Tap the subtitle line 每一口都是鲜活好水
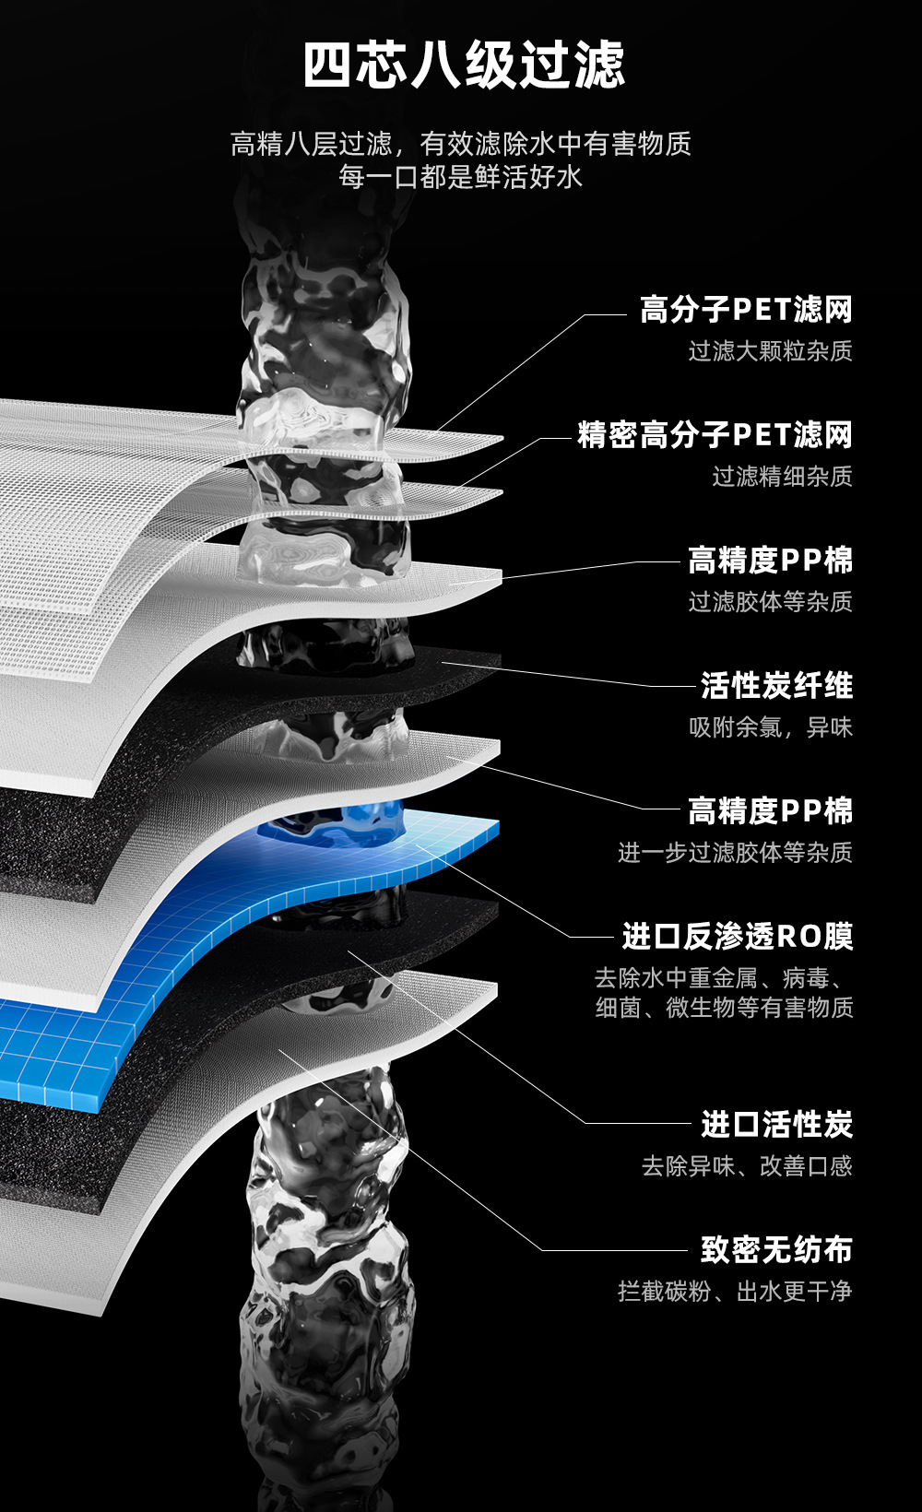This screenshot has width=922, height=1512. coord(460,176)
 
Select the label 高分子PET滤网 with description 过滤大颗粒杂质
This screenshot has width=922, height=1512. coord(746,310)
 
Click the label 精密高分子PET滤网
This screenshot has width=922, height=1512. coord(715,435)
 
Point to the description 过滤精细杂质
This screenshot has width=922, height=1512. coord(782,477)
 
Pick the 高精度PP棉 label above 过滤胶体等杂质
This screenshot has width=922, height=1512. coord(770,561)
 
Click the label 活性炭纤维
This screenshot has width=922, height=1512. coord(776,686)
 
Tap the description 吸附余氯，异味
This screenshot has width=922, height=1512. coord(770,727)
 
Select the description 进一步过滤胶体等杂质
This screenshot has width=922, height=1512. coord(735,853)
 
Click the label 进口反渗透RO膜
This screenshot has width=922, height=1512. coord(737,937)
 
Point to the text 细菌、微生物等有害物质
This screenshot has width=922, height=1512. coord(724,1008)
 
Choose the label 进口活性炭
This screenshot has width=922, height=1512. coord(776,1125)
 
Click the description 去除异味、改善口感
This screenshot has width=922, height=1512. coord(747,1166)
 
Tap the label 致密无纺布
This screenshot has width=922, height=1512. coord(776,1250)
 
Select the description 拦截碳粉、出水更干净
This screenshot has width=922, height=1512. coord(735,1292)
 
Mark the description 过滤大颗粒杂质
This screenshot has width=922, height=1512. coord(770,351)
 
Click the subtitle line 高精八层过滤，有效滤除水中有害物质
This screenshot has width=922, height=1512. coord(460,144)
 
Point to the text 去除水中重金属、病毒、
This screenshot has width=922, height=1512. coord(724,977)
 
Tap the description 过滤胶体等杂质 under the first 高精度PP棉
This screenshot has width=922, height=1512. coord(770,602)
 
